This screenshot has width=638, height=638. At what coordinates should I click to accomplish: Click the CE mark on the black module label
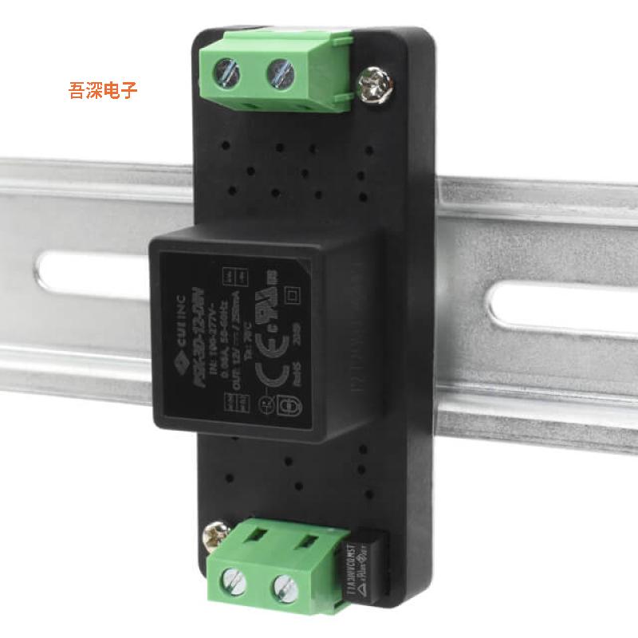click(274, 356)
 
